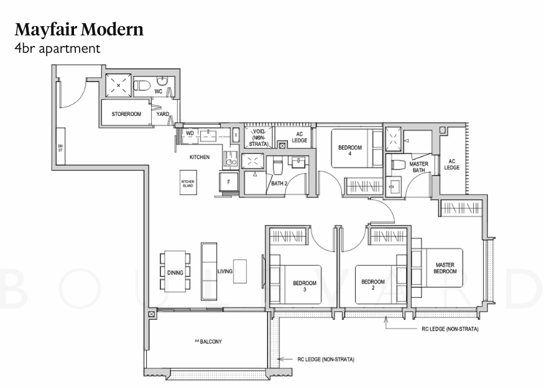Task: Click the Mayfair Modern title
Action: point(79,29)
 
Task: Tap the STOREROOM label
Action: point(126,115)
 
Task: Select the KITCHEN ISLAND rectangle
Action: point(188,183)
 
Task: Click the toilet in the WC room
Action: point(142,86)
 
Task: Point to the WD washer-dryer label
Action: point(190,133)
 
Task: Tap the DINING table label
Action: point(175,273)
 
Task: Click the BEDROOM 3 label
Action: point(305,286)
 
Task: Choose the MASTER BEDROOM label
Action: point(445,268)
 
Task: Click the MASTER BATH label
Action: point(418,166)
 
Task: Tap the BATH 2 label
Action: point(279,184)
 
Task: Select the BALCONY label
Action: point(208,342)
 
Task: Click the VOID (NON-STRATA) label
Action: point(257,137)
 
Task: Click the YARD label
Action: point(163,115)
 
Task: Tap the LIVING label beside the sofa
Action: point(224,272)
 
